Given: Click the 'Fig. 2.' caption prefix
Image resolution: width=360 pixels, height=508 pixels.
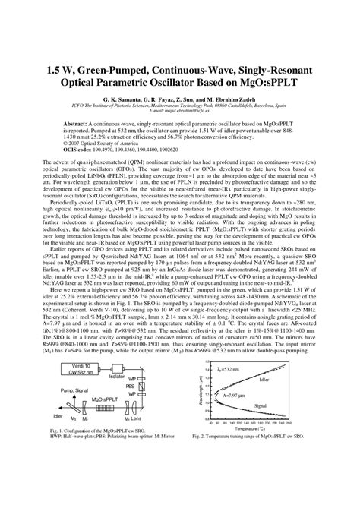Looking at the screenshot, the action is coord(205,438).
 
